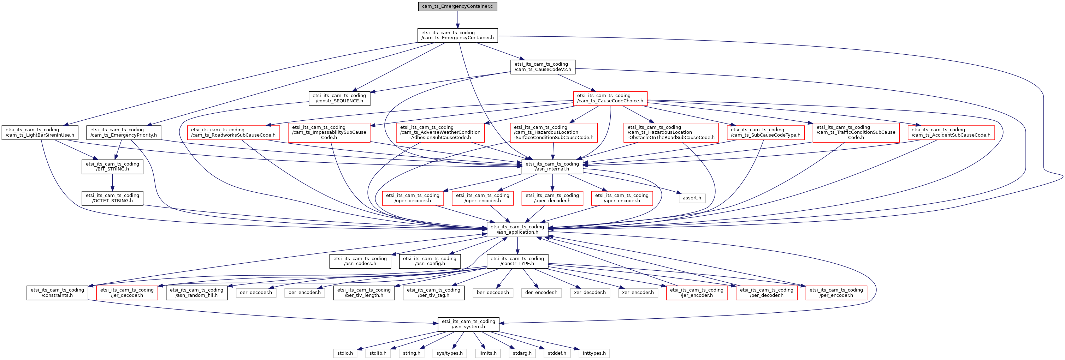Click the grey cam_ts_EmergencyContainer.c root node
pos(457,7)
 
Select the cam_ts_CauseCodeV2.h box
pos(543,67)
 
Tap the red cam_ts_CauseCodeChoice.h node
pos(610,98)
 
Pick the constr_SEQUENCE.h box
pos(339,98)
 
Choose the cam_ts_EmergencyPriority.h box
pos(124,133)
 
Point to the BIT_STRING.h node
pos(112,167)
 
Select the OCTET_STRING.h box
pos(112,198)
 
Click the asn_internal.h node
pos(552,167)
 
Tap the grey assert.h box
pos(692,198)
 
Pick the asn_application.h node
pos(517,229)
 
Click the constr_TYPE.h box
pos(517,261)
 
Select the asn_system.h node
pos(468,324)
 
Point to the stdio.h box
pos(345,353)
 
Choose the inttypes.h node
pos(594,353)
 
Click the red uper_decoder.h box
pos(413,198)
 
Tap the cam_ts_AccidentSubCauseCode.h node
pos(951,133)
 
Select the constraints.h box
pos(57,293)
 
